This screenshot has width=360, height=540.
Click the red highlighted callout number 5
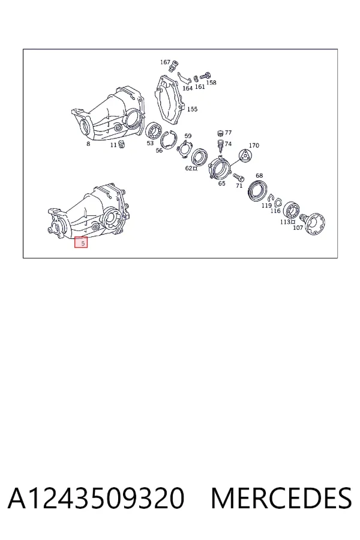click(x=82, y=242)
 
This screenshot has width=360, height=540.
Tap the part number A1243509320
click(x=96, y=498)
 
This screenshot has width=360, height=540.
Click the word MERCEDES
click(x=281, y=498)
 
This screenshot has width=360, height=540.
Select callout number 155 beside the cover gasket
click(x=192, y=109)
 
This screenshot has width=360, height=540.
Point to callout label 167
click(x=166, y=62)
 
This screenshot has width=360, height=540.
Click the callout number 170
click(x=254, y=145)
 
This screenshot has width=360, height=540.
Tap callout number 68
click(x=259, y=176)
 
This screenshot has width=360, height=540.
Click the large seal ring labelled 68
click(x=257, y=190)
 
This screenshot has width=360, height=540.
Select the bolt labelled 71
click(x=238, y=177)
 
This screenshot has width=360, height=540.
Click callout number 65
click(x=222, y=184)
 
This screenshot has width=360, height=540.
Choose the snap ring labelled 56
click(x=169, y=140)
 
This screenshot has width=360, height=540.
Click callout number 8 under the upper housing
click(x=88, y=143)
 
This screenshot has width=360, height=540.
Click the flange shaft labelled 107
click(x=314, y=223)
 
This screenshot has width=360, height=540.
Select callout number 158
click(x=211, y=83)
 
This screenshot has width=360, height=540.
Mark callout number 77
click(x=228, y=133)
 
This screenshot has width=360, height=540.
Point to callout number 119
click(x=266, y=206)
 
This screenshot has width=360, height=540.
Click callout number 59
click(x=188, y=136)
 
